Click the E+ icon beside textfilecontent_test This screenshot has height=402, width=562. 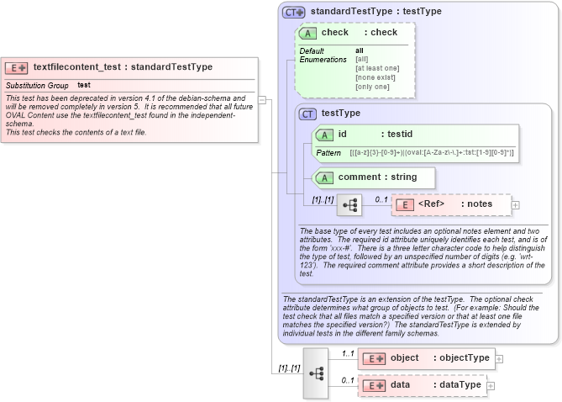click(x=17, y=67)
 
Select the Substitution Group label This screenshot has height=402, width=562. click(x=37, y=86)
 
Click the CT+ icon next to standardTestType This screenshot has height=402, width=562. click(x=294, y=12)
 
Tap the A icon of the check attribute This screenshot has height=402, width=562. click(x=308, y=33)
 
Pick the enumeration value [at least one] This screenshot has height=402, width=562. click(x=377, y=68)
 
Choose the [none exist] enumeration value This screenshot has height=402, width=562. click(x=375, y=77)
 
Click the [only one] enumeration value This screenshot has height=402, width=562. click(x=372, y=87)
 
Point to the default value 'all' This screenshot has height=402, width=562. click(x=360, y=50)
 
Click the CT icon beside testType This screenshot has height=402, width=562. click(x=308, y=114)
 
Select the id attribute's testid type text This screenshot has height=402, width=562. click(x=399, y=134)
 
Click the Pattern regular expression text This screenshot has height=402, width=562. click(x=432, y=152)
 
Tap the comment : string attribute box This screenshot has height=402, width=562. click(x=374, y=177)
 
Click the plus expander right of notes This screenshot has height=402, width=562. click(x=515, y=204)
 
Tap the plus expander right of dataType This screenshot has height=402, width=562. click(x=491, y=385)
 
